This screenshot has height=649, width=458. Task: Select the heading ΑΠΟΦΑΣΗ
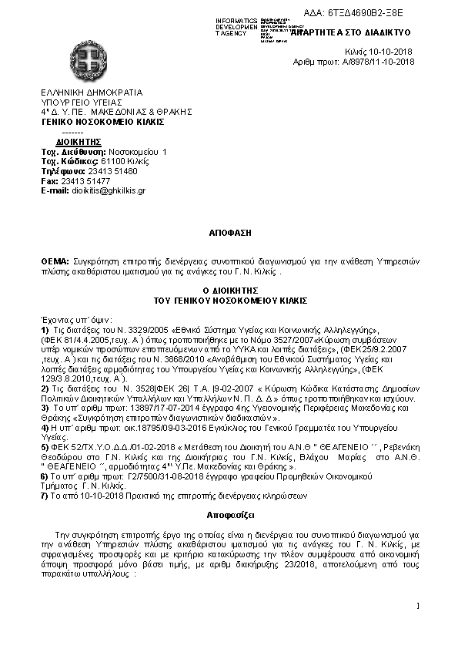pos(228,231)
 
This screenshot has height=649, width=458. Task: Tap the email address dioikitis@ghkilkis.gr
pos(107,190)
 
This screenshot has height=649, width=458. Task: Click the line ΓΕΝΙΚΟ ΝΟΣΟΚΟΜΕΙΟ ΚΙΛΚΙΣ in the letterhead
pos(102,121)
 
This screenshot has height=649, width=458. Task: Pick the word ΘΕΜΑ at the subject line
pos(55,263)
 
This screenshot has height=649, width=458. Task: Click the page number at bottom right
pos(416,605)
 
